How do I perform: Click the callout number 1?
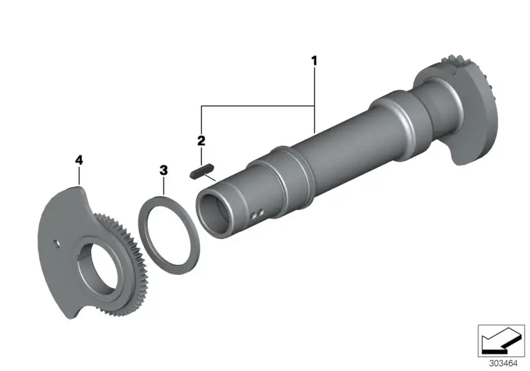click(x=314, y=61)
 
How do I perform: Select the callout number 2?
click(x=201, y=140)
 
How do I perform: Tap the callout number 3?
click(x=164, y=170)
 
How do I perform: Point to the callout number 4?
click(x=79, y=160)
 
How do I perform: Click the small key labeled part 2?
click(x=202, y=171)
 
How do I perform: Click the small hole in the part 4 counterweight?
click(x=57, y=244)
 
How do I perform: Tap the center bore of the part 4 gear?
click(x=105, y=266)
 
